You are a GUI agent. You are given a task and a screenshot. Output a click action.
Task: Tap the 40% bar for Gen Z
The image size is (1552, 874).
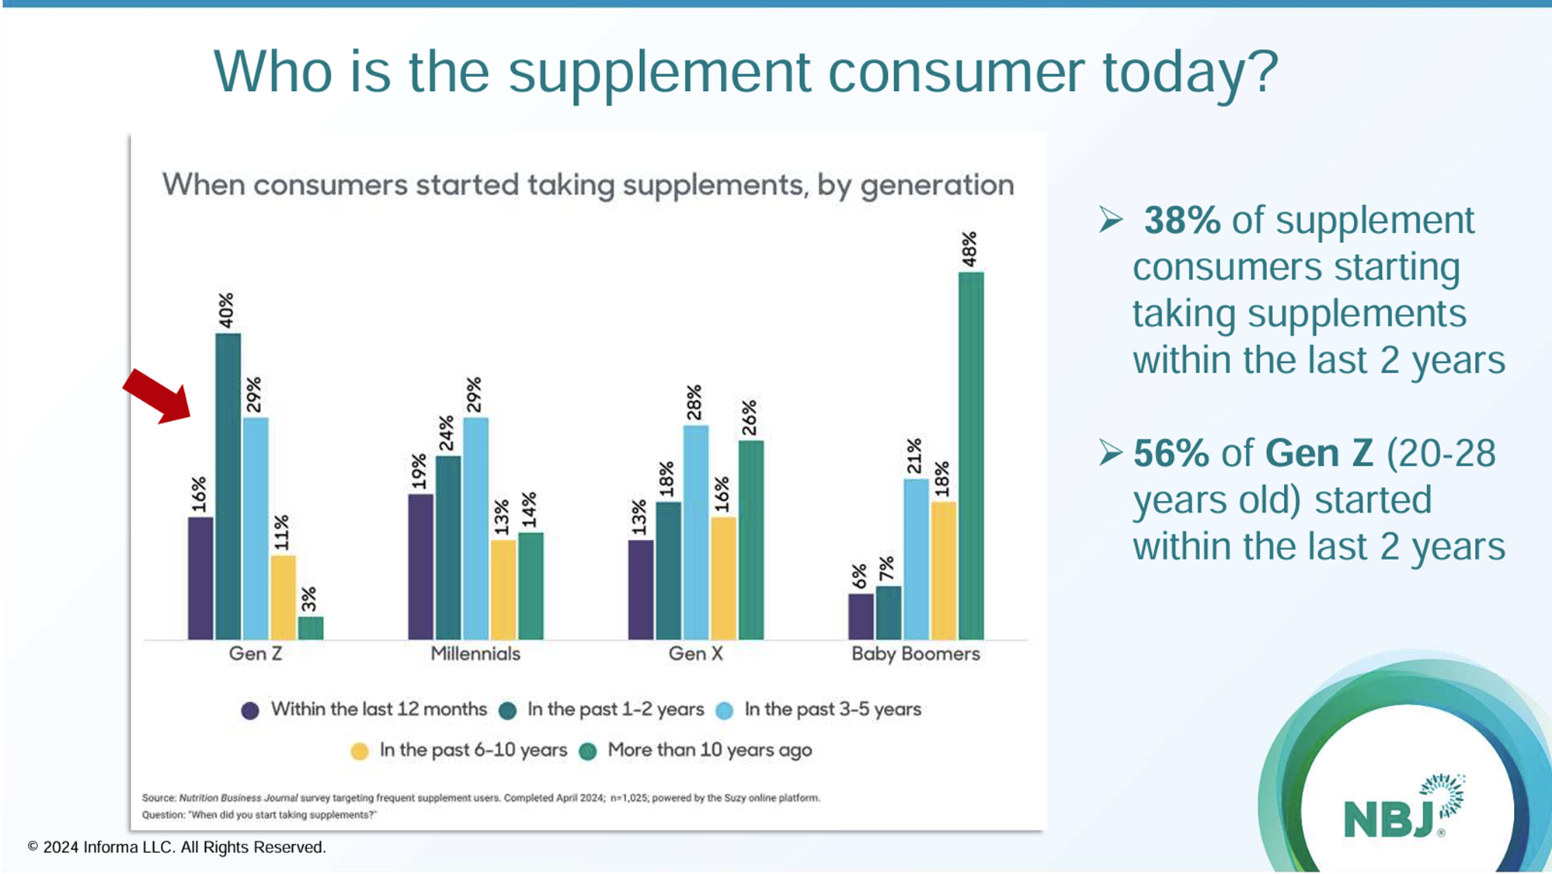(228, 486)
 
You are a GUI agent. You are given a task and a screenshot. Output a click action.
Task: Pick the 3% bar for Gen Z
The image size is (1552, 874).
(311, 628)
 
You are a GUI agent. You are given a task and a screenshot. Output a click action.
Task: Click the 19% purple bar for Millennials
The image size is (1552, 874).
(420, 566)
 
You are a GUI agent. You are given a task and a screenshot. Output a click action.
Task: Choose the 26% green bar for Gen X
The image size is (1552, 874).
(750, 540)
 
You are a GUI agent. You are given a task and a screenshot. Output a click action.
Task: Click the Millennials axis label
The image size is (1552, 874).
(475, 653)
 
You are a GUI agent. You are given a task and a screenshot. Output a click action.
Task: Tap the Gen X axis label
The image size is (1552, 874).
(695, 653)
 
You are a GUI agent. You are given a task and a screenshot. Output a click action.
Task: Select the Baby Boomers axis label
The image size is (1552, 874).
(915, 653)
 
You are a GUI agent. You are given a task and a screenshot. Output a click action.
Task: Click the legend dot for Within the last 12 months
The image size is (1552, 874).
(249, 710)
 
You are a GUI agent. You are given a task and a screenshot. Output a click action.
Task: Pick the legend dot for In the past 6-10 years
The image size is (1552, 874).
(359, 751)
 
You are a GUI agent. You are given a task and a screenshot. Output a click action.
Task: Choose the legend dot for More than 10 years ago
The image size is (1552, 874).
(588, 751)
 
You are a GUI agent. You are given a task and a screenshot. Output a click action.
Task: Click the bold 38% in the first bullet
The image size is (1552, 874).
(1181, 220)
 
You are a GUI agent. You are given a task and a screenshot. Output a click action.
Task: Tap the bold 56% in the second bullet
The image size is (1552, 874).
(1171, 453)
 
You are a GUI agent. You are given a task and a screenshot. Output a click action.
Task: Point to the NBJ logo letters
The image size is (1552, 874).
(1388, 818)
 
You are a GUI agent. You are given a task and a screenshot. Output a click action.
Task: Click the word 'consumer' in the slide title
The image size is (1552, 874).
(955, 71)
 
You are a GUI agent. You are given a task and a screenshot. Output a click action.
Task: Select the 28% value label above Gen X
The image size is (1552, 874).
(694, 402)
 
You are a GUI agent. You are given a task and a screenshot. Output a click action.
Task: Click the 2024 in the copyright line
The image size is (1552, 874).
(61, 847)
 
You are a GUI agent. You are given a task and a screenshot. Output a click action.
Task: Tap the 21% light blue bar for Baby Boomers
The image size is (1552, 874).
(916, 559)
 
